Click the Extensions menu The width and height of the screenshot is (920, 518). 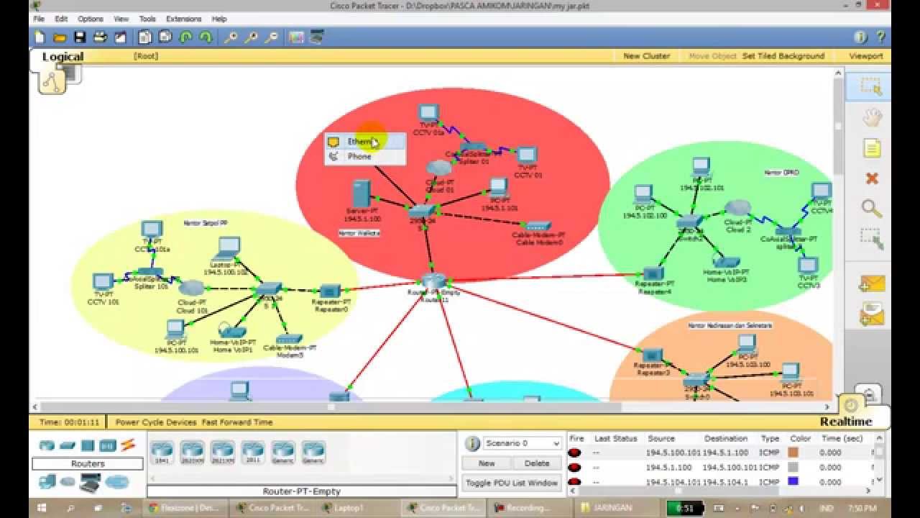pyautogui.click(x=183, y=19)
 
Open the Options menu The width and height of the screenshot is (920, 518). pyautogui.click(x=90, y=19)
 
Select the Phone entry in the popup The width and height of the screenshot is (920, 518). pyautogui.click(x=359, y=156)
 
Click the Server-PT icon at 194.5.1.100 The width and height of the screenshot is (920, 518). pyautogui.click(x=362, y=193)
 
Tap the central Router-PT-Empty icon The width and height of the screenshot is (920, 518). pyautogui.click(x=433, y=281)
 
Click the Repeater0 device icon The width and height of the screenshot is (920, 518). pyautogui.click(x=330, y=291)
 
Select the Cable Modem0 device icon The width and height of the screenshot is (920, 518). pyautogui.click(x=538, y=225)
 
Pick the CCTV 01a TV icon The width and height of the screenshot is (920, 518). pyautogui.click(x=428, y=112)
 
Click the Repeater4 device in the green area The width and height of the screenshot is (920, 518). pyautogui.click(x=653, y=273)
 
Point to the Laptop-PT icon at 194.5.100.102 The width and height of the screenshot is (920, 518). pyautogui.click(x=228, y=247)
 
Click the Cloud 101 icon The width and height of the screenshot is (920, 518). pyautogui.click(x=192, y=288)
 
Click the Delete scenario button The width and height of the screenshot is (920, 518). pyautogui.click(x=536, y=463)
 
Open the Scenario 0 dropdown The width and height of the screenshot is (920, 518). pyautogui.click(x=522, y=443)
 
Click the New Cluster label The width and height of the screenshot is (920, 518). pyautogui.click(x=646, y=56)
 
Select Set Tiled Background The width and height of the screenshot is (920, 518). pyautogui.click(x=783, y=56)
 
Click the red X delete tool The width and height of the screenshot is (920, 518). pyautogui.click(x=872, y=178)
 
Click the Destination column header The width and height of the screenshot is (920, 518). pyautogui.click(x=726, y=438)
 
